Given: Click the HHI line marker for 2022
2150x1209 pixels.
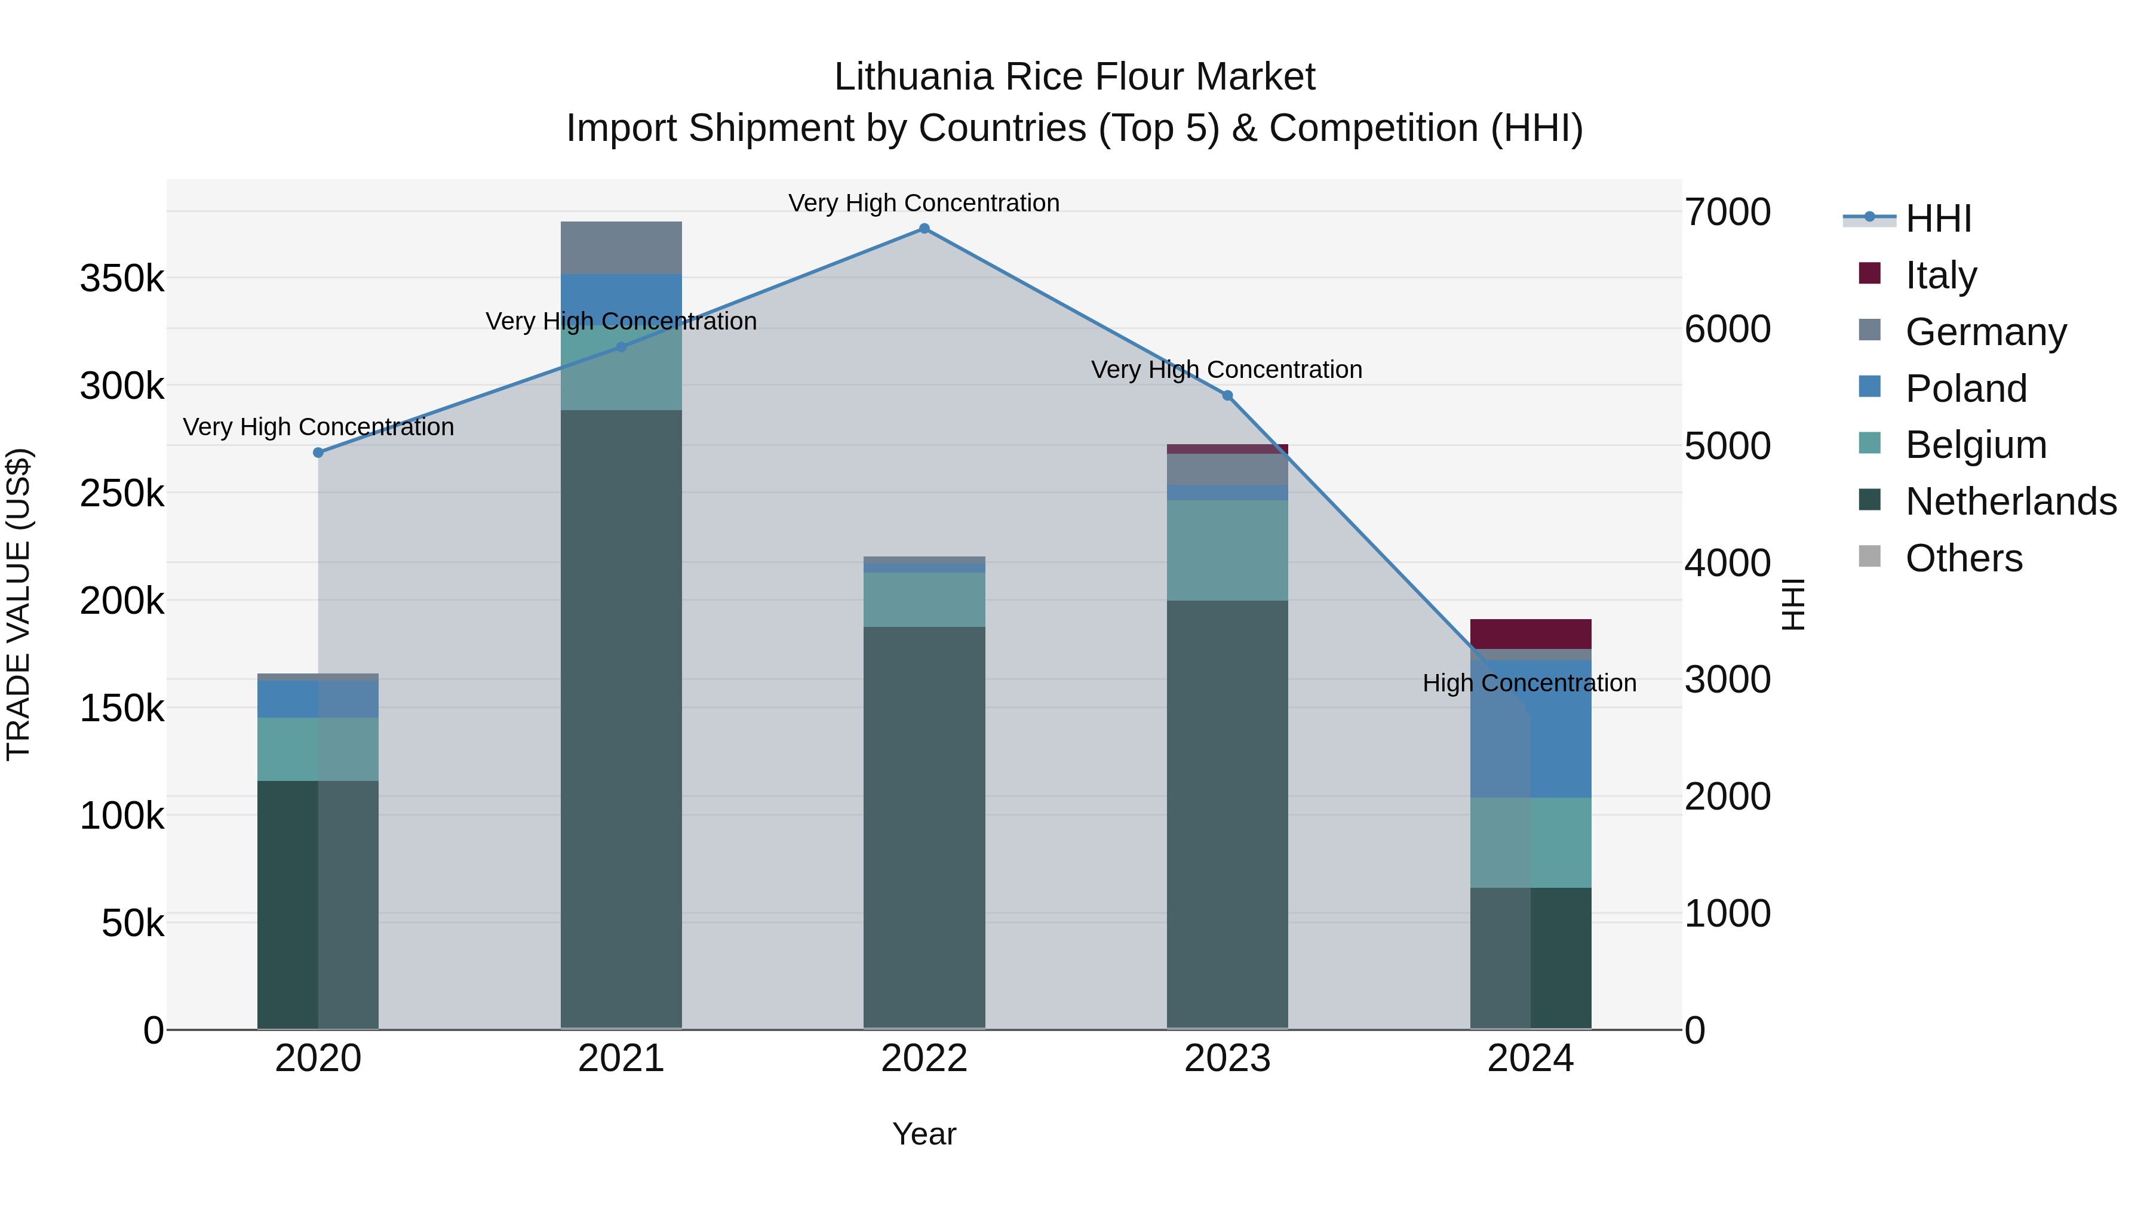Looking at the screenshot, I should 924,229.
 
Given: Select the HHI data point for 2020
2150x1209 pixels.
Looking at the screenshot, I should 318,452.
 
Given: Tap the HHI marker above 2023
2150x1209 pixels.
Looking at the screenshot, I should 1227,395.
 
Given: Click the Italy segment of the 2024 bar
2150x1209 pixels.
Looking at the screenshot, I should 1530,633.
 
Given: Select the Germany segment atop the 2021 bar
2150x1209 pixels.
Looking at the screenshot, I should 621,247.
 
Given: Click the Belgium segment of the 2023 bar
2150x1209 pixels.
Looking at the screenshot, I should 1227,550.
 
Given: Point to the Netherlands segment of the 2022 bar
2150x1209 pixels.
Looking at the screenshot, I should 924,826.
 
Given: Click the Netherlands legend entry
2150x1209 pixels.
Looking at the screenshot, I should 2010,502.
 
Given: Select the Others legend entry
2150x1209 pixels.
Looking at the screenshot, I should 1963,558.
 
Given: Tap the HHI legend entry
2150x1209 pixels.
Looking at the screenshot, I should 1938,219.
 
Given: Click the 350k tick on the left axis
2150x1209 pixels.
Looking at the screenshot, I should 122,279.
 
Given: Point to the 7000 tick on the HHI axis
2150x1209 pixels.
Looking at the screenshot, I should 1727,212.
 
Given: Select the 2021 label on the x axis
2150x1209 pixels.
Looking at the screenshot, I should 621,1059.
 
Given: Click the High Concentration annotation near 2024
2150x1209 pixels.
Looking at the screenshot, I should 1529,684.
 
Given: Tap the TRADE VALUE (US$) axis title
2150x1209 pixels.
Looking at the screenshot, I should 19,604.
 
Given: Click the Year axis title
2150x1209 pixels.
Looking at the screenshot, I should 924,1134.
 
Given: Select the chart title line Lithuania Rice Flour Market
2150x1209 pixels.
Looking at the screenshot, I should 1074,77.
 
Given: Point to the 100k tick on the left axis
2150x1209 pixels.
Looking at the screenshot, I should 122,816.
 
